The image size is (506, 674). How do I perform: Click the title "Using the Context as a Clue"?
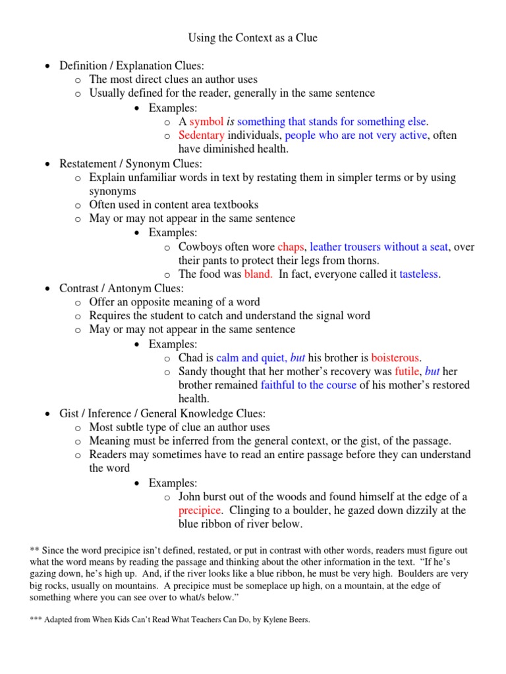(x=253, y=38)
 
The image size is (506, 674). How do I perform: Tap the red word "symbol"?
(x=207, y=122)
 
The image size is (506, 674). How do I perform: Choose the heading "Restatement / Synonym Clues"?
(x=130, y=164)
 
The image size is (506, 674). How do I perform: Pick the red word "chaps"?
(x=291, y=247)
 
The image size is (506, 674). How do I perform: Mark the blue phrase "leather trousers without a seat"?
(x=379, y=247)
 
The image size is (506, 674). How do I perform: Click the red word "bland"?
(x=258, y=274)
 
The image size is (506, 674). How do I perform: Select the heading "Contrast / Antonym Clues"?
(x=121, y=288)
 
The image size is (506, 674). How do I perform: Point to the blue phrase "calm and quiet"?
(x=251, y=358)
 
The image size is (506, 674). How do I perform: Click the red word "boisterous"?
(x=395, y=358)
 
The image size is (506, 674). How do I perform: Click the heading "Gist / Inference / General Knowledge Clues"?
(x=162, y=413)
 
